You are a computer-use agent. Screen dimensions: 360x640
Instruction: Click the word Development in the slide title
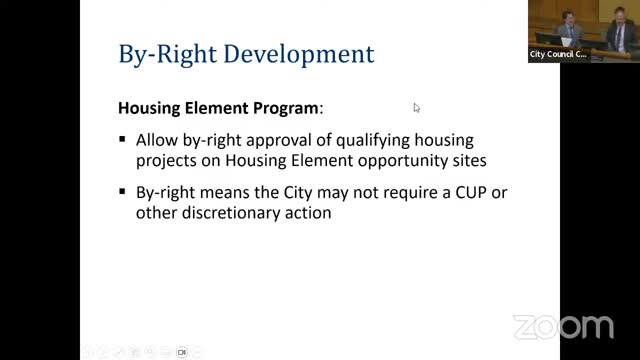click(306, 53)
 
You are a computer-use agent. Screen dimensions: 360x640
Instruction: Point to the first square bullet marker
click(122, 141)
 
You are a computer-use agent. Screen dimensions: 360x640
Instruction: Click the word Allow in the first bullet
click(158, 140)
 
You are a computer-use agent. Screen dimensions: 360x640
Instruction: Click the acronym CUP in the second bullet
click(444, 192)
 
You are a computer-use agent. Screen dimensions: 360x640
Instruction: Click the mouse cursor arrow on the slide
click(416, 107)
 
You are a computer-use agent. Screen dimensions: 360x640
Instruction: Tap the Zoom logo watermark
click(563, 327)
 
